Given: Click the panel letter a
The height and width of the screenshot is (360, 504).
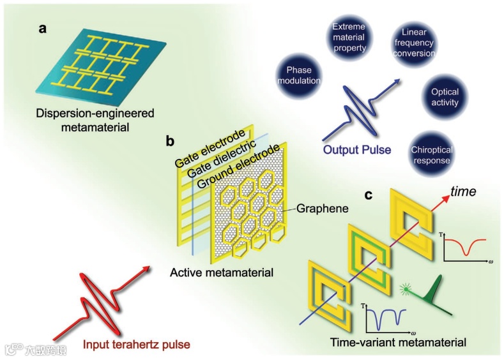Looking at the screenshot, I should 42,29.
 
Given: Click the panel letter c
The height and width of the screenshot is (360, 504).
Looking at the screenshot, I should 369,194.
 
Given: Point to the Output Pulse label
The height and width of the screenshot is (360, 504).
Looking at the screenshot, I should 358,150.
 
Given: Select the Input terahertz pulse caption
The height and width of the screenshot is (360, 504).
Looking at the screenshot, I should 137,345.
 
